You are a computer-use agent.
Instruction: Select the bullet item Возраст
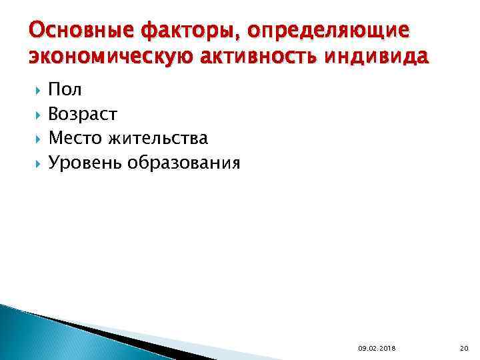[83, 115]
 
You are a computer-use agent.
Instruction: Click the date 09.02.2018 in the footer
[375, 349]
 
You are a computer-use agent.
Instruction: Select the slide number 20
[465, 349]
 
